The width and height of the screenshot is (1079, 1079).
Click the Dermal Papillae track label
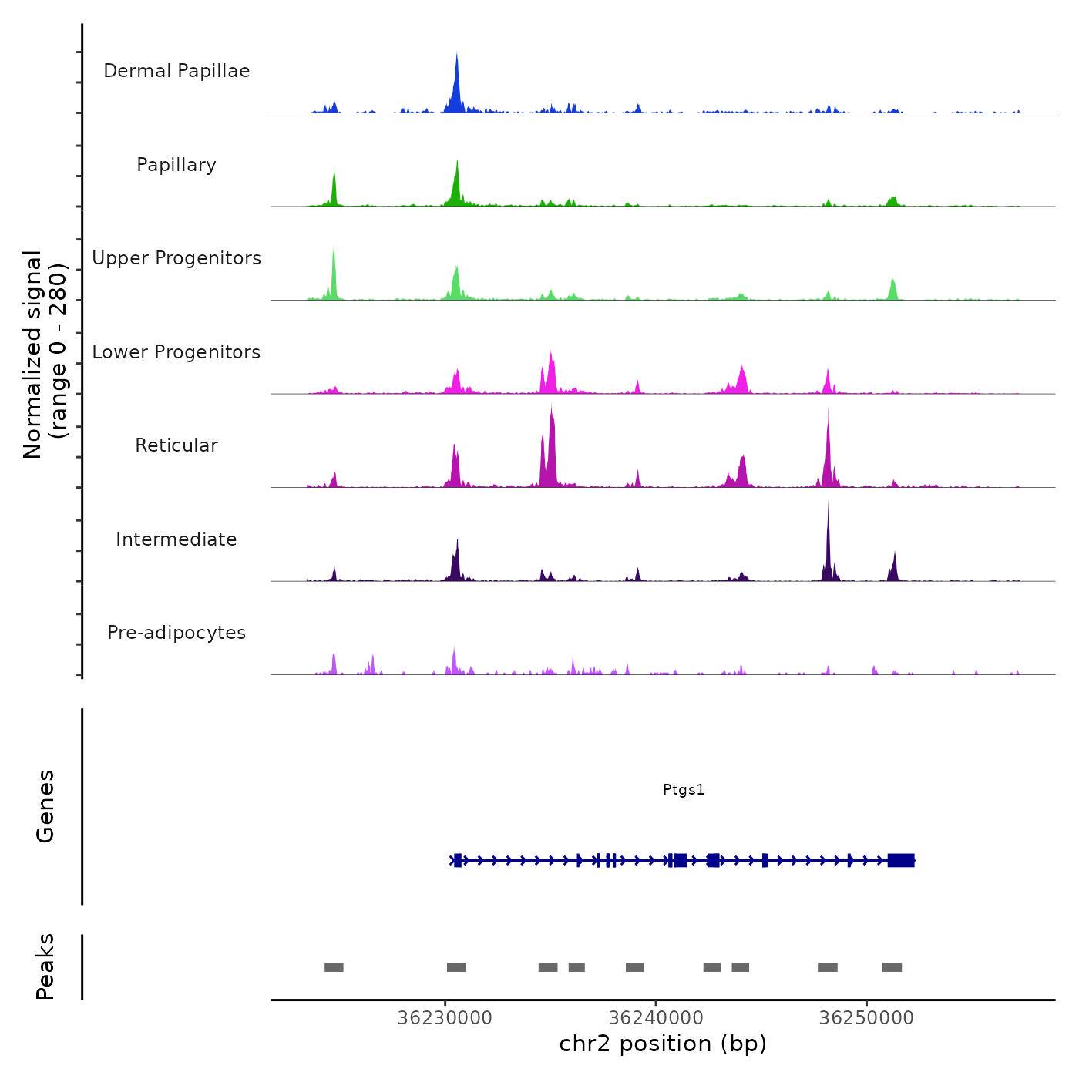pyautogui.click(x=176, y=71)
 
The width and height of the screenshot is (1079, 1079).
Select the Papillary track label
pyautogui.click(x=176, y=165)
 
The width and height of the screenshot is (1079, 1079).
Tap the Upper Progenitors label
pyautogui.click(x=176, y=258)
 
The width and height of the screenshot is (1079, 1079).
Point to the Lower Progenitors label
pyautogui.click(x=176, y=352)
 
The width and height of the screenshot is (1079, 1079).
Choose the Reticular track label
pyautogui.click(x=176, y=445)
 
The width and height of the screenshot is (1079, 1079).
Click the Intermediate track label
pyautogui.click(x=176, y=539)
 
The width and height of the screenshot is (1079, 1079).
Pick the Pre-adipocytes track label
pyautogui.click(x=176, y=633)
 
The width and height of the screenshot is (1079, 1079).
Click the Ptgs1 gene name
pyautogui.click(x=684, y=789)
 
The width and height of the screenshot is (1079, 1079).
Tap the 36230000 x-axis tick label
pyautogui.click(x=445, y=1017)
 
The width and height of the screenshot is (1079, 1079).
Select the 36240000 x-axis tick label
pyautogui.click(x=656, y=1017)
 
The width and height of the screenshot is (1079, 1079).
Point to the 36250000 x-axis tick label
pyautogui.click(x=866, y=1017)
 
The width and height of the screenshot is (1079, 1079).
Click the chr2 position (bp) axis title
pyautogui.click(x=663, y=1044)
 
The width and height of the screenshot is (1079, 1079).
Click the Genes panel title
pyautogui.click(x=45, y=806)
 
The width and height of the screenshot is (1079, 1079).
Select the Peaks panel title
pyautogui.click(x=45, y=966)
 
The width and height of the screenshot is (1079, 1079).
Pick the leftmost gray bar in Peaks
pyautogui.click(x=334, y=967)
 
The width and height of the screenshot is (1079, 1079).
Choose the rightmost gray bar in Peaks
pyautogui.click(x=892, y=967)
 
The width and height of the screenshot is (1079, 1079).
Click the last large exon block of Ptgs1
pyautogui.click(x=901, y=860)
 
